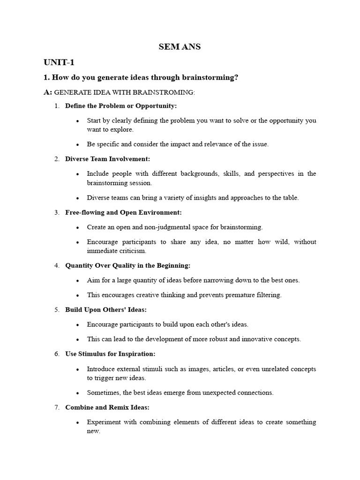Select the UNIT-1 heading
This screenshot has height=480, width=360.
59,62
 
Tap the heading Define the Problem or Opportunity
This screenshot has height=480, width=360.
121,106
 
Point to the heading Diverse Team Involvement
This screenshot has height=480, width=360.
108,159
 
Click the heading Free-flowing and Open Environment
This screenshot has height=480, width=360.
123,212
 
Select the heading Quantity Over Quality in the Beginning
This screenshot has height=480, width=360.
128,265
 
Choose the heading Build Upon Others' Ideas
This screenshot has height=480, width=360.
106,310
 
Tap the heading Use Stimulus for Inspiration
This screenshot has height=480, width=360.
110,354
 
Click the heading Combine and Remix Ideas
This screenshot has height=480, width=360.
107,407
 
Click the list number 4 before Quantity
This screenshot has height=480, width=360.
56,265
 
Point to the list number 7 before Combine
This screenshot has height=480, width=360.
56,407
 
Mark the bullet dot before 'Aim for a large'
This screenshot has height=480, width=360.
77,281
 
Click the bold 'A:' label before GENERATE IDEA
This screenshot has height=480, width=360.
48,92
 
